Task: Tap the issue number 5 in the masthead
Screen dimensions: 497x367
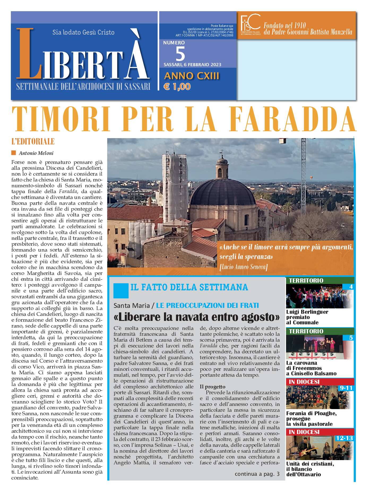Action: click(x=180, y=54)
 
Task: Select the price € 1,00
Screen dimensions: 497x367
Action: click(x=177, y=87)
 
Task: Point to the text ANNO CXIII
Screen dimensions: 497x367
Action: click(x=192, y=76)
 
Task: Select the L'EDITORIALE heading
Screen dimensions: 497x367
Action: click(x=33, y=141)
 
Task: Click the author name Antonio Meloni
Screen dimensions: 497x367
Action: click(x=36, y=153)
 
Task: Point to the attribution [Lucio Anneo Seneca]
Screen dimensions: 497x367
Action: click(x=243, y=267)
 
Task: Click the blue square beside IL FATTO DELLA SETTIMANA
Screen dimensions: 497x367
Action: click(x=121, y=291)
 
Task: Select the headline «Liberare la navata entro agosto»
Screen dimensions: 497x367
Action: click(x=196, y=317)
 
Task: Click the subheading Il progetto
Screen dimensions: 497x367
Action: click(x=212, y=386)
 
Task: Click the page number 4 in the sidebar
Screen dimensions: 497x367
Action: click(x=351, y=287)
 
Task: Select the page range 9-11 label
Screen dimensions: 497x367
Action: click(x=346, y=388)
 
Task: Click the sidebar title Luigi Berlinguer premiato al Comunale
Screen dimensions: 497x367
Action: click(x=307, y=317)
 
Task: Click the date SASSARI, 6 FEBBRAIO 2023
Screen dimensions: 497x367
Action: click(x=192, y=65)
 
